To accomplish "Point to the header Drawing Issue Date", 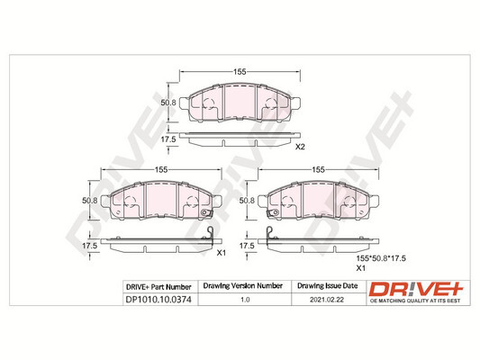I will pos(328,286).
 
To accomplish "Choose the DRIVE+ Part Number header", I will pos(158,286).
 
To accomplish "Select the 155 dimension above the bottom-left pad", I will pos(162,169).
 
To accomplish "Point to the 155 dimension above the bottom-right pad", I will pos(318,169).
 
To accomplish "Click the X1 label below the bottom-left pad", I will pos(221,253).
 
